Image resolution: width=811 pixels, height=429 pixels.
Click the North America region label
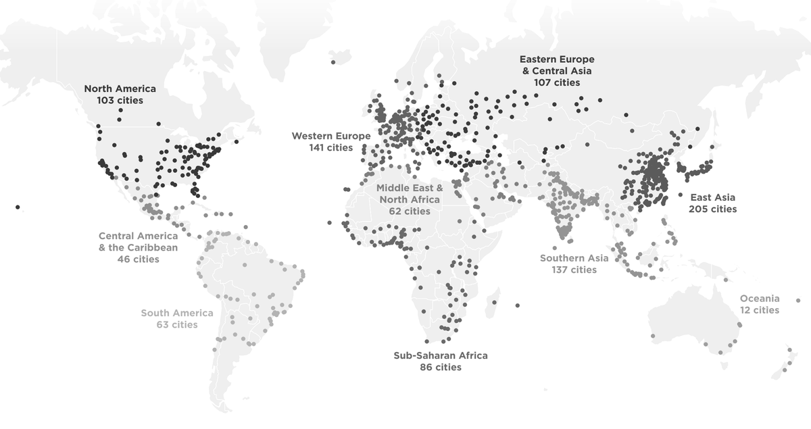tap(120, 89)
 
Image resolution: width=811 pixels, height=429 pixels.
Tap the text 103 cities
tap(120, 100)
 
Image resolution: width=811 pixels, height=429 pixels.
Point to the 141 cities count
tap(331, 147)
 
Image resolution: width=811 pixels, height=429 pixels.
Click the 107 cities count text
tap(556, 82)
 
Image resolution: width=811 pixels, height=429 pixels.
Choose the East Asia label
tap(712, 197)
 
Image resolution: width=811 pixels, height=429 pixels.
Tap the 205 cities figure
tap(712, 209)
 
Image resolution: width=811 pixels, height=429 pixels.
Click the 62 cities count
tap(410, 211)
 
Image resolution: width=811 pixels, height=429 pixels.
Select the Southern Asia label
tap(574, 258)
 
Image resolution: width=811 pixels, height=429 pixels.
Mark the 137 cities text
tap(574, 270)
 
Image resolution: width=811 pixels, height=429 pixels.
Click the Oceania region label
tap(760, 299)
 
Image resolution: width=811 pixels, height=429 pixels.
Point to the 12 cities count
tap(760, 310)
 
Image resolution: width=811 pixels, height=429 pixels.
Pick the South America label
tap(176, 313)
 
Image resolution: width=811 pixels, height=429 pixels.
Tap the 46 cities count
tap(138, 259)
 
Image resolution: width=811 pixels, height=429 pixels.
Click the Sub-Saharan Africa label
tap(441, 355)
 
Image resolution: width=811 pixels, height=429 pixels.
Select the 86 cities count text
tap(441, 368)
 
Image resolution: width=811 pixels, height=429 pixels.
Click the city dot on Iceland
tap(333, 62)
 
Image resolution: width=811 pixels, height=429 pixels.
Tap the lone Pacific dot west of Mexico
tap(18, 207)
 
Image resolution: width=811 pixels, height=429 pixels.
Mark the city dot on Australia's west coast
tap(653, 336)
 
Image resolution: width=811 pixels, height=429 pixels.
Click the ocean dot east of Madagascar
tap(517, 305)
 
